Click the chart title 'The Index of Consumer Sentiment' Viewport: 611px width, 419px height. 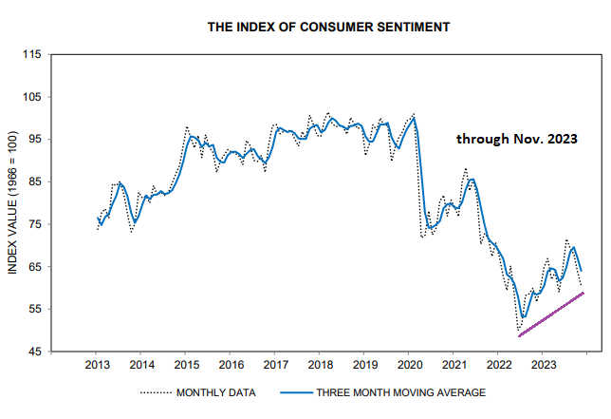[x=328, y=28]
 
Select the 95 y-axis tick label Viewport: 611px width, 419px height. [x=32, y=140]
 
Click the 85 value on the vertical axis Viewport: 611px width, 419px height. [x=32, y=181]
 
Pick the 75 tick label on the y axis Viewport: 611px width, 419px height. [x=32, y=224]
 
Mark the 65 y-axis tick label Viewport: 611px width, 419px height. [x=32, y=267]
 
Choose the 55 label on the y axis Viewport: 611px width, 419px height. [x=32, y=310]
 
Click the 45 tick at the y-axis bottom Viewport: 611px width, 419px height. [x=32, y=352]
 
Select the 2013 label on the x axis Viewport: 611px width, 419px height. [x=97, y=364]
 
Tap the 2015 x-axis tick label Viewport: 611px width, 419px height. [x=186, y=364]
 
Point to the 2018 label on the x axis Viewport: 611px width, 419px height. [x=320, y=364]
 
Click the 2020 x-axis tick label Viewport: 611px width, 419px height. [x=409, y=364]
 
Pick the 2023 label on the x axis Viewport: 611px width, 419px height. [x=543, y=364]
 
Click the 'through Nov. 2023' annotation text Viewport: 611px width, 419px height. [x=516, y=139]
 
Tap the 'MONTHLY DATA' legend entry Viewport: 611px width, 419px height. [x=213, y=391]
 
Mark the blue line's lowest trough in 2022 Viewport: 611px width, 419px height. [x=523, y=317]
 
